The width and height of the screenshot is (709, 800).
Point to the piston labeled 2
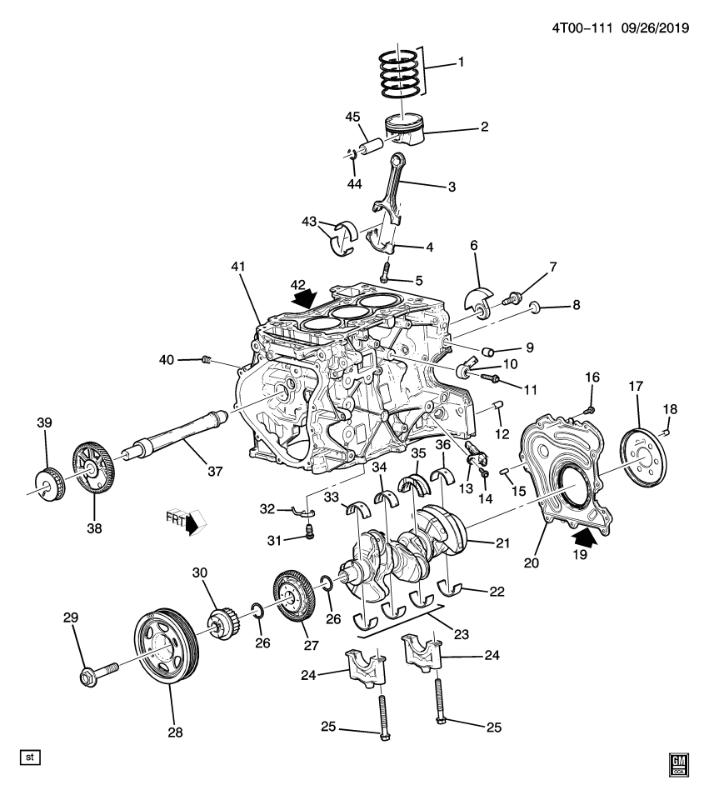tap(405, 130)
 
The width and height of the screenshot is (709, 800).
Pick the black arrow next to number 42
tap(305, 295)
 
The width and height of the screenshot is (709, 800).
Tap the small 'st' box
tap(31, 757)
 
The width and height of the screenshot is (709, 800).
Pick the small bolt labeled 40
tap(208, 360)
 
